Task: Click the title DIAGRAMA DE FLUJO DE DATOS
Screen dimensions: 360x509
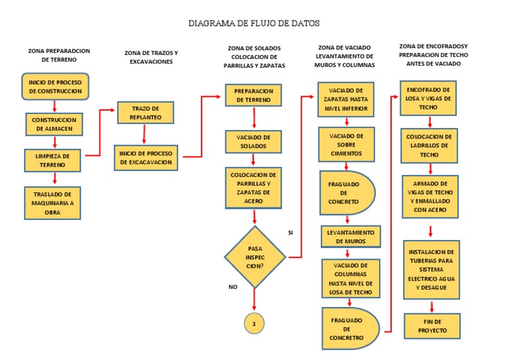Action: (254, 23)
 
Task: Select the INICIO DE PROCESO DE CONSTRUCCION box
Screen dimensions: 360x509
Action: (55, 86)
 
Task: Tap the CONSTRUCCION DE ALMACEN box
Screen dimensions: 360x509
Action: (55, 124)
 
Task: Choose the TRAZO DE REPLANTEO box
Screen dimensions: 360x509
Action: (146, 113)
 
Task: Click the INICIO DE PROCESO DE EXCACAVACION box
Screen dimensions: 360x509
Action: (146, 158)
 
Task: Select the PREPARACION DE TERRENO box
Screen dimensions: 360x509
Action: (254, 95)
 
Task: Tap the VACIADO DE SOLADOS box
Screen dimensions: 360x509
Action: (254, 141)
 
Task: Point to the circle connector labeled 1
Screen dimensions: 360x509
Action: (254, 323)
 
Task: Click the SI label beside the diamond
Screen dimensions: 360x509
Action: (290, 233)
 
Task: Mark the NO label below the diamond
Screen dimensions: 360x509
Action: (233, 286)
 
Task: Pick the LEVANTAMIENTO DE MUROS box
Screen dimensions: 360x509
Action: (351, 237)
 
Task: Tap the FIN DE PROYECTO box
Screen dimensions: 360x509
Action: (432, 326)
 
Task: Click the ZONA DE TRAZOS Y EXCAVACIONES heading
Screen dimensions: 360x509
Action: (151, 57)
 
